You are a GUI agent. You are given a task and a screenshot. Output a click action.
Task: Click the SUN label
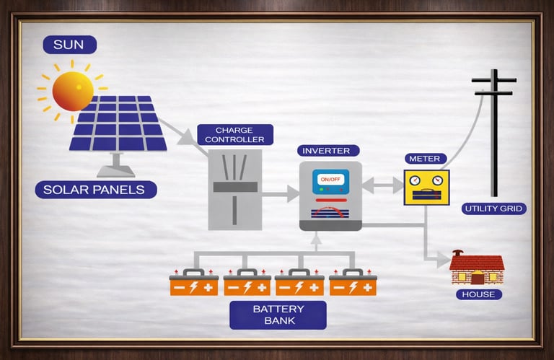(69, 45)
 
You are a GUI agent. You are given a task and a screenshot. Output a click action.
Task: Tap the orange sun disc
(73, 90)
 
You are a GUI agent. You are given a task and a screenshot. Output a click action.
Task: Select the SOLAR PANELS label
(94, 190)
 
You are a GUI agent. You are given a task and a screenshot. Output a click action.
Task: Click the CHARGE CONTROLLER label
(235, 135)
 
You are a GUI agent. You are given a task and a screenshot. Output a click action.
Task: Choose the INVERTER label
(326, 151)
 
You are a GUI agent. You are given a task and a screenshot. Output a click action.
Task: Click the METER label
(424, 159)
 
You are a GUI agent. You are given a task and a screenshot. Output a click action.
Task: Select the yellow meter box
(426, 188)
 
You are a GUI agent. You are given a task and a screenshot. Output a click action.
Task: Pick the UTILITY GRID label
(494, 209)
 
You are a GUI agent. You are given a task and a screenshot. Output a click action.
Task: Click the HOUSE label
(478, 294)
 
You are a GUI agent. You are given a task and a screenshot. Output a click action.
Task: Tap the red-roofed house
(476, 268)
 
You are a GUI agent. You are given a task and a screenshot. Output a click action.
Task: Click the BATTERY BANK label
(278, 315)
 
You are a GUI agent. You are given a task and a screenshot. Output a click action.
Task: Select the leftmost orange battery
(193, 284)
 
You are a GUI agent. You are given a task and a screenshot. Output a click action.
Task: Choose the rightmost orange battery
(353, 284)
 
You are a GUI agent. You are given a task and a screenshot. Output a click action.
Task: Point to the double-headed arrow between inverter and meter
(382, 185)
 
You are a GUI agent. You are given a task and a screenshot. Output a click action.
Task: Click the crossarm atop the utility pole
(494, 81)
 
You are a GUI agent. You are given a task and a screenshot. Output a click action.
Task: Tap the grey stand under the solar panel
(115, 166)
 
